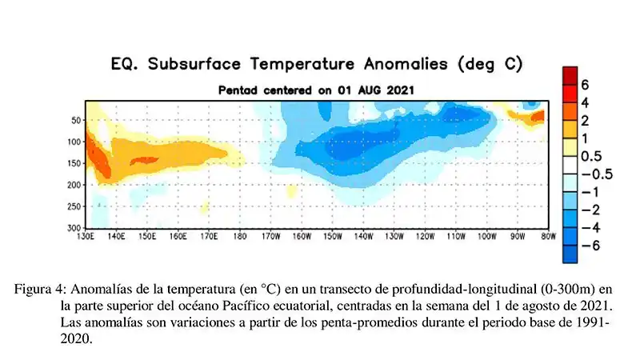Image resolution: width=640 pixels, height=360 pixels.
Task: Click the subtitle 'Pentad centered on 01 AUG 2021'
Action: [x=317, y=90]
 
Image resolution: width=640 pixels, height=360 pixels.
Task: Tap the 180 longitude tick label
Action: [x=240, y=237]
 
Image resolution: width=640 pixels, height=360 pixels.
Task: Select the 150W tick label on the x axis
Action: [x=333, y=237]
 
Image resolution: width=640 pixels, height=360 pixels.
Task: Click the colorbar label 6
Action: [x=585, y=85]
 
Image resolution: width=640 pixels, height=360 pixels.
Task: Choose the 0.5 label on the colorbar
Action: [x=590, y=156]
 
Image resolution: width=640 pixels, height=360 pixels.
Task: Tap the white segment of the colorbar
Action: [x=570, y=165]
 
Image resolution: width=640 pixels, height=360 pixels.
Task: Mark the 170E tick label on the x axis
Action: [x=209, y=237]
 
